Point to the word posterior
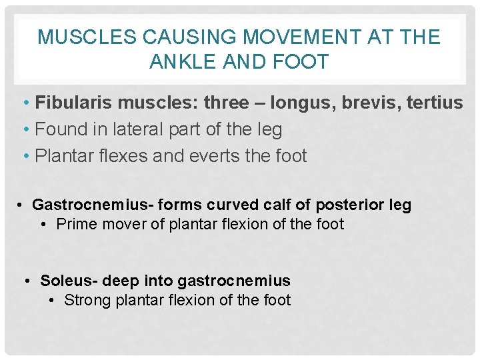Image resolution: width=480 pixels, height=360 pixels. tap(341, 205)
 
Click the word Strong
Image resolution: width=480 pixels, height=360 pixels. tap(87, 300)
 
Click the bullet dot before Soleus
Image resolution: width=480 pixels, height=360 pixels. tap(26, 281)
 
